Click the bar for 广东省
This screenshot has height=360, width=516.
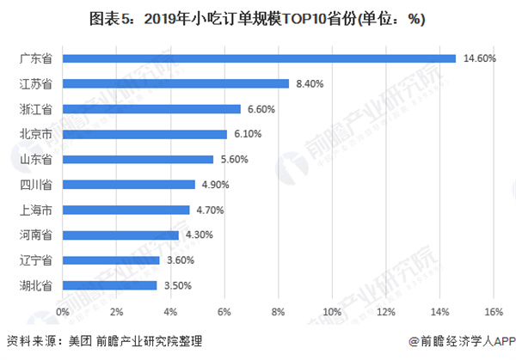[x=259, y=58]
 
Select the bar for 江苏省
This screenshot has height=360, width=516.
[x=175, y=83]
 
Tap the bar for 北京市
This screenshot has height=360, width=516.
[x=144, y=134]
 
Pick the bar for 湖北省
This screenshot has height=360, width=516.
[x=109, y=285]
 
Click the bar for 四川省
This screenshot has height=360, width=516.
[x=128, y=185]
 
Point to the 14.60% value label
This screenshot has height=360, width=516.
[x=479, y=58]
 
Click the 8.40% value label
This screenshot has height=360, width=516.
[x=311, y=83]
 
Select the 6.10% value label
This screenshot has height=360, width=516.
[x=249, y=134]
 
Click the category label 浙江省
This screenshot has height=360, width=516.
[x=35, y=109]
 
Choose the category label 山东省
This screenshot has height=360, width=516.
[x=35, y=159]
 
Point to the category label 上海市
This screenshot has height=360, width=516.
[x=35, y=210]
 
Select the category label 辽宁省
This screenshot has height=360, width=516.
[x=35, y=259]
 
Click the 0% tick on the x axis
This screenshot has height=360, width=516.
[x=63, y=310]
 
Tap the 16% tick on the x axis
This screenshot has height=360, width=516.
[x=494, y=310]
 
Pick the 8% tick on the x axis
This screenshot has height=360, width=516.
[x=278, y=310]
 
